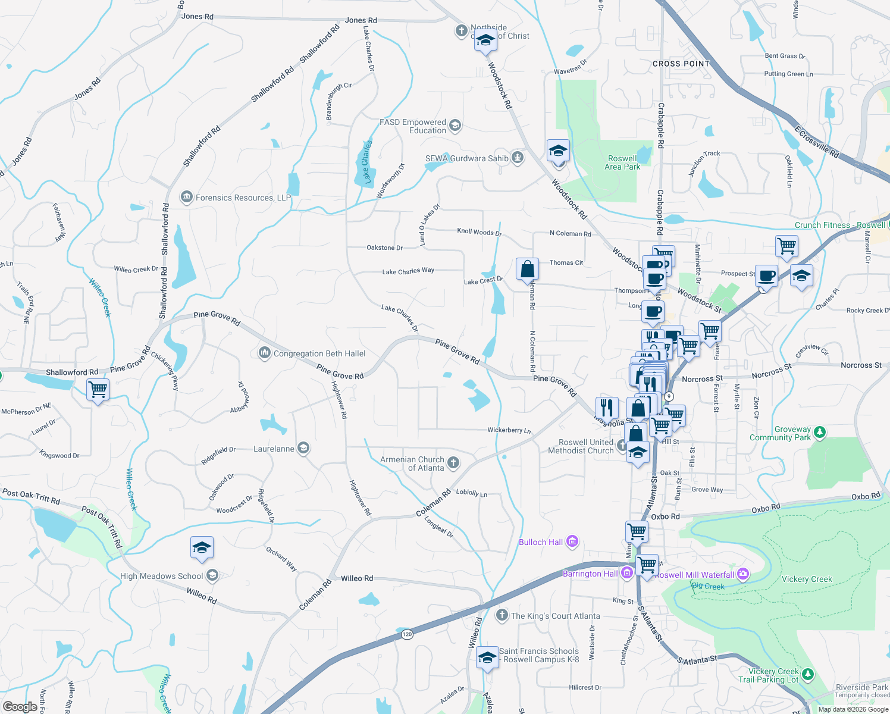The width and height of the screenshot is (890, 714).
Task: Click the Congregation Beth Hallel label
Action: click(x=319, y=353)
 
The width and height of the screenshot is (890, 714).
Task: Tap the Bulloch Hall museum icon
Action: click(x=572, y=541)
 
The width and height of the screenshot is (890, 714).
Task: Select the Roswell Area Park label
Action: click(x=622, y=162)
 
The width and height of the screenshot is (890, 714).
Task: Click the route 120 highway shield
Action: click(x=406, y=634)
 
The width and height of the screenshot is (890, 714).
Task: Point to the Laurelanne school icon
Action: click(x=303, y=448)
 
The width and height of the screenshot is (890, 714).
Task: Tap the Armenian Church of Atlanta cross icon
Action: click(x=453, y=463)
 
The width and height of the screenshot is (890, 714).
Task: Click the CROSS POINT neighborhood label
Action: click(x=681, y=64)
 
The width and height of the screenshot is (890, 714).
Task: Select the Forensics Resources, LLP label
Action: click(x=243, y=198)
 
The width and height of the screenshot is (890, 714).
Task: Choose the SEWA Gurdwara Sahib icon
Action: click(x=518, y=158)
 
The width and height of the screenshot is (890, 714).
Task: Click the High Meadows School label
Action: click(x=161, y=576)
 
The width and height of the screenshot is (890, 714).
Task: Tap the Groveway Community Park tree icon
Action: click(x=820, y=432)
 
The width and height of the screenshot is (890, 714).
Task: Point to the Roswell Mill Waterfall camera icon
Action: click(x=742, y=574)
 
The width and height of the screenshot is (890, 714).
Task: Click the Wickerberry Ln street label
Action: click(x=509, y=430)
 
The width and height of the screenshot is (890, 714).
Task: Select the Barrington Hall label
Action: click(x=590, y=574)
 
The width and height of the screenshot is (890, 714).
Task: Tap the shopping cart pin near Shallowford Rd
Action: click(x=98, y=390)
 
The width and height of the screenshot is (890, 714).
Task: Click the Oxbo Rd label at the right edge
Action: click(x=866, y=496)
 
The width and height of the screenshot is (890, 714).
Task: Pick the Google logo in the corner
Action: click(x=20, y=706)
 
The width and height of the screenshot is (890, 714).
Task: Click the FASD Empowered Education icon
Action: click(x=455, y=125)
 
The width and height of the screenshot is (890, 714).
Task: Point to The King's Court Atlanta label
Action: click(x=555, y=616)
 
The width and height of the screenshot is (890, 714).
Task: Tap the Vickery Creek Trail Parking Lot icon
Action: click(x=807, y=674)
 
